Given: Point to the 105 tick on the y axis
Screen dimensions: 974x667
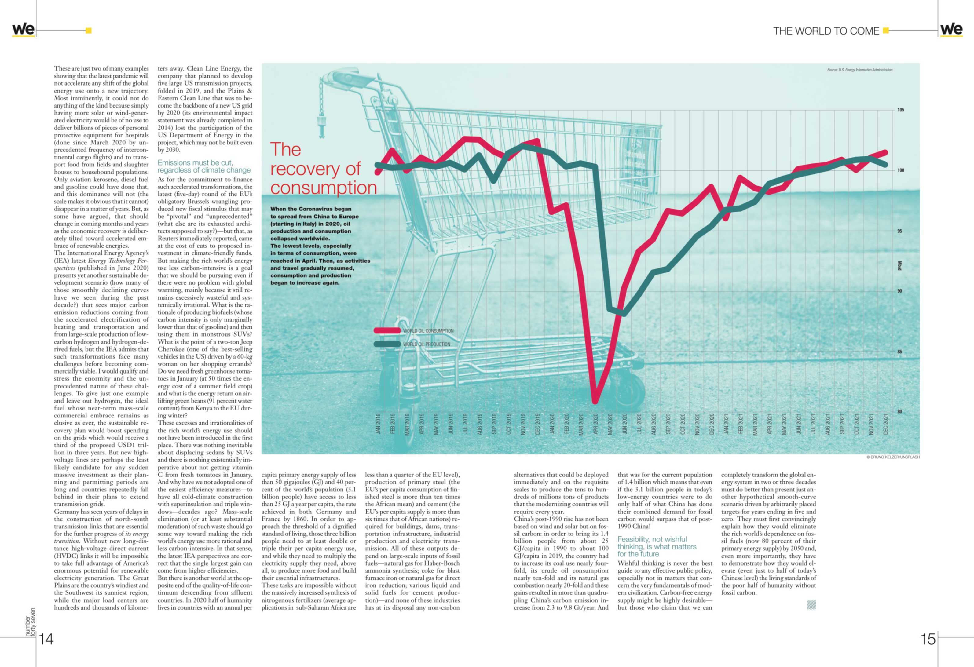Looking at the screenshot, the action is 900,110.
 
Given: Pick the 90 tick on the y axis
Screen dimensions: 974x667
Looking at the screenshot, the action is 899,291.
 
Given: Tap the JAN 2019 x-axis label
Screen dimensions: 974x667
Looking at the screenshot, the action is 378,424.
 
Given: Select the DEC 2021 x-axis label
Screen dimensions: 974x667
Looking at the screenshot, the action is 886,424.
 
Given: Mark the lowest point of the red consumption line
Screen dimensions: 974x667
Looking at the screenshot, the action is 595,401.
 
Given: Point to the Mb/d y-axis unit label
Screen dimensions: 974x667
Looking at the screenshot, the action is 899,265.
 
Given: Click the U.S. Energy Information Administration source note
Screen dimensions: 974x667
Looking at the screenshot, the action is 860,70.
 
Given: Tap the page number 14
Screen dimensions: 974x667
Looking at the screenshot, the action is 46,639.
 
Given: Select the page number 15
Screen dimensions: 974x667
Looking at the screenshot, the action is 928,639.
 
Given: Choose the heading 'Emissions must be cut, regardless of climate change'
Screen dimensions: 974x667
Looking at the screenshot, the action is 204,166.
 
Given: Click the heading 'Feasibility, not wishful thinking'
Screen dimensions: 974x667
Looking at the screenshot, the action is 657,547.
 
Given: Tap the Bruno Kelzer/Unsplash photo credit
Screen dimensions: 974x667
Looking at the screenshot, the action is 893,457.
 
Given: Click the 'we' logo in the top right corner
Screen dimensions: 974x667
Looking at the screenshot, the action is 951,29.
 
